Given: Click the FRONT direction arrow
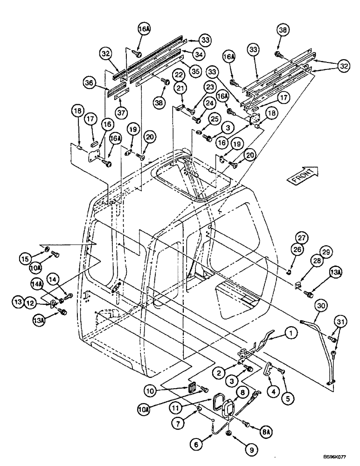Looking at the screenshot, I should coord(302,176).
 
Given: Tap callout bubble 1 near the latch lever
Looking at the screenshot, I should coord(291,334).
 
